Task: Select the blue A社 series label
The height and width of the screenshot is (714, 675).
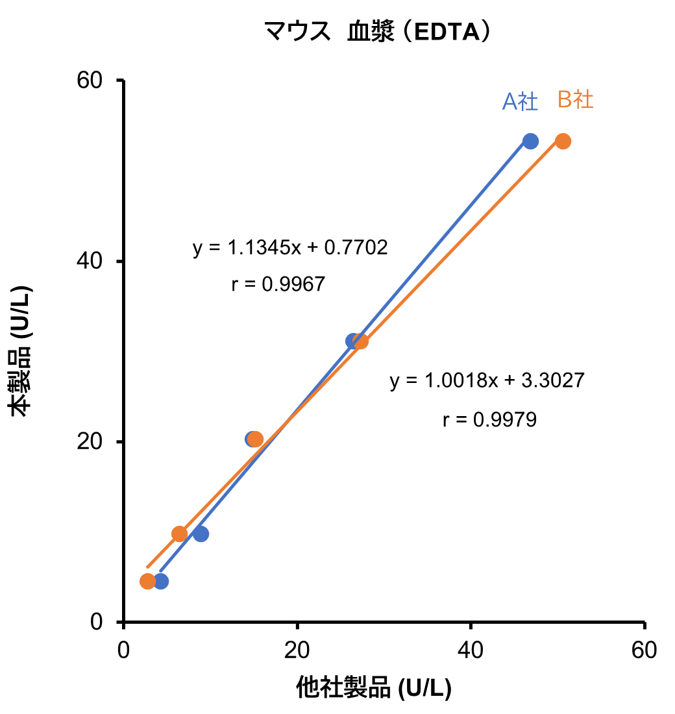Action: click(x=520, y=102)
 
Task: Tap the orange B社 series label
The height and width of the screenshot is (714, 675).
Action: click(x=576, y=100)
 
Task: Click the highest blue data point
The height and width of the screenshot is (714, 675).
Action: click(x=531, y=141)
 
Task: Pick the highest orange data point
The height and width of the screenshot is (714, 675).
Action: click(x=563, y=141)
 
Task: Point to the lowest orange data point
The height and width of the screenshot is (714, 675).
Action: click(x=147, y=581)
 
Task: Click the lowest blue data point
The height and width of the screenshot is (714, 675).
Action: click(x=161, y=581)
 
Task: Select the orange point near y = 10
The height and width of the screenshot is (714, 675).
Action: click(x=179, y=534)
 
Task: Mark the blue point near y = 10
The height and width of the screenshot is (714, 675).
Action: click(x=201, y=534)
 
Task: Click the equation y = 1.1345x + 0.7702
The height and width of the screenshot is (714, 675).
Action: click(x=290, y=248)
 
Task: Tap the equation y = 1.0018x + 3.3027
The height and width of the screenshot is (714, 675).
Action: click(x=487, y=380)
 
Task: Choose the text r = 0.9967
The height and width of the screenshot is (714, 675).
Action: click(x=278, y=284)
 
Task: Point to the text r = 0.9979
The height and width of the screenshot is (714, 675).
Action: click(x=489, y=420)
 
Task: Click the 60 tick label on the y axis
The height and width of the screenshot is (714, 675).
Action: click(x=92, y=81)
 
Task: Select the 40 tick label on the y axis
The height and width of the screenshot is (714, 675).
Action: click(x=92, y=262)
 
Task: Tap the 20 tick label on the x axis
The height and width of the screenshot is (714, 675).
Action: click(x=297, y=650)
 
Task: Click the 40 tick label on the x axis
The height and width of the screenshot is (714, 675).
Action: click(x=471, y=650)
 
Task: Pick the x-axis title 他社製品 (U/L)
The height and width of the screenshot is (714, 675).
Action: click(x=374, y=687)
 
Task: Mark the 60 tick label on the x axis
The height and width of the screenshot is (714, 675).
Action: click(x=644, y=650)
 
